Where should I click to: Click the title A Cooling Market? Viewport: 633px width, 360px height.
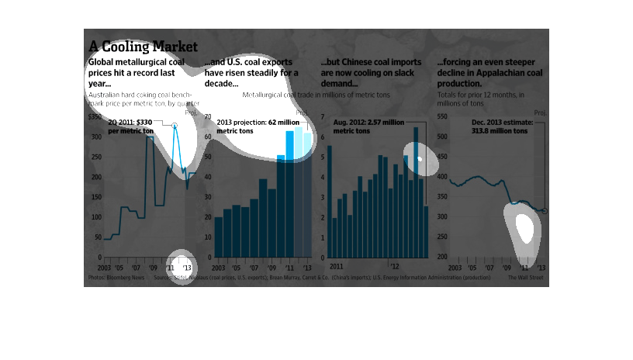coord(143,46)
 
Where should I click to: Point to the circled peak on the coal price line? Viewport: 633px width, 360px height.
coord(175,125)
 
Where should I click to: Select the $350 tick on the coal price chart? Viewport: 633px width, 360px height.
coord(95,117)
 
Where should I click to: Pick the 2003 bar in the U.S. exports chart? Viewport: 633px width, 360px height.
coord(219,238)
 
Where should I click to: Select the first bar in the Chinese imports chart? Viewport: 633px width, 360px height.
coord(329,202)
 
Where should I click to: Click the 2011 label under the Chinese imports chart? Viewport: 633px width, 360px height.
coord(337,265)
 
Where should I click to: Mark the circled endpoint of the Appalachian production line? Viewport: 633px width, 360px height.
coord(545,211)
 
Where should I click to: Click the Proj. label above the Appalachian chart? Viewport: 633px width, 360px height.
coord(540,113)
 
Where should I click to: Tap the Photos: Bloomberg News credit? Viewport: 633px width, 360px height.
coord(116,277)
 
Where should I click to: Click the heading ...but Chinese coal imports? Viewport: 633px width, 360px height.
coord(371,61)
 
